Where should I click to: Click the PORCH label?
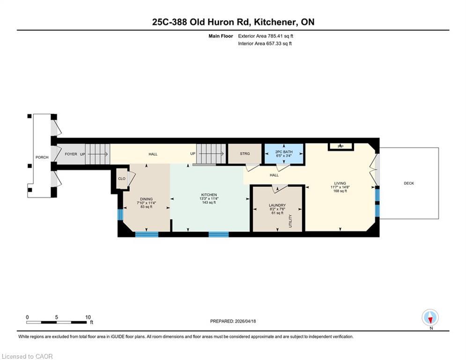[42, 157]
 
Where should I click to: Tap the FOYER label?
[71, 154]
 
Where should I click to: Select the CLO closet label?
[122, 179]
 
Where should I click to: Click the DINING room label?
[146, 199]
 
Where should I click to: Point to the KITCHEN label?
[209, 195]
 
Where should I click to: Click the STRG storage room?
[245, 154]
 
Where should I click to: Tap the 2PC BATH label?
[284, 152]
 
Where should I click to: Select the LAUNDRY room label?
[277, 205]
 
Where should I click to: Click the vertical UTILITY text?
[290, 221]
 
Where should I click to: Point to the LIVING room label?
[340, 183]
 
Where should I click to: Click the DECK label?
[409, 183]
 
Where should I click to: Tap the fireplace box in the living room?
[341, 147]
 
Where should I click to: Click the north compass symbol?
[430, 317]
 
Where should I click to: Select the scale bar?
[57, 322]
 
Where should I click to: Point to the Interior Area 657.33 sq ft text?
[265, 44]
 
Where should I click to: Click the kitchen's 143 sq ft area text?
[209, 202]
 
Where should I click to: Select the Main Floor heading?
[221, 36]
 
